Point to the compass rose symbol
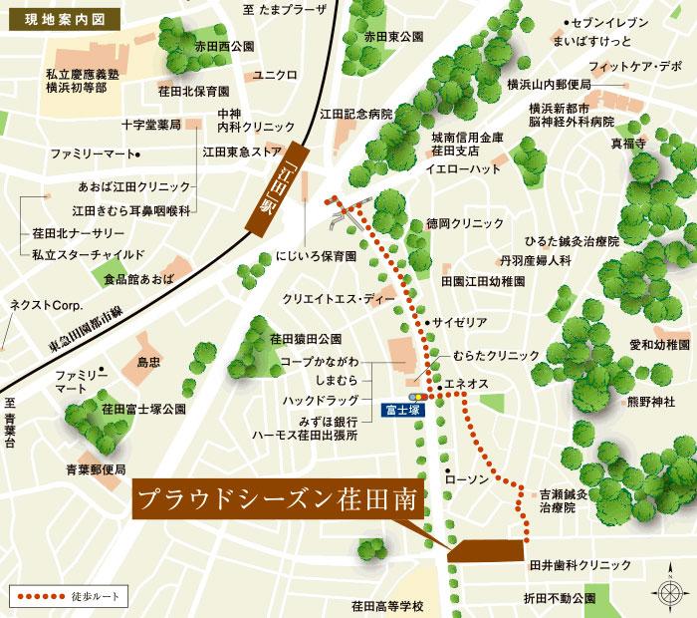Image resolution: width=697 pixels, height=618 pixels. pyautogui.click(x=667, y=592)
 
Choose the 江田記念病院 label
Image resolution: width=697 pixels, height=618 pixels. pyautogui.click(x=357, y=114)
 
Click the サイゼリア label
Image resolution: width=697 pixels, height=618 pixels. pyautogui.click(x=459, y=324)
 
